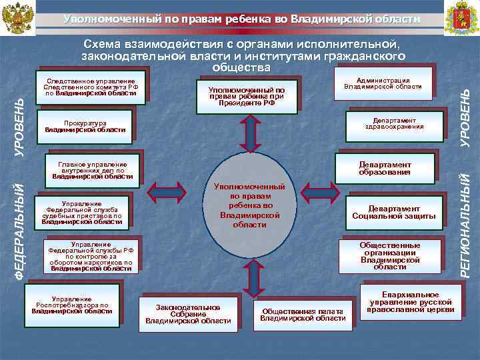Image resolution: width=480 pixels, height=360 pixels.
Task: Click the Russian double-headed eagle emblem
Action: coord(18,19)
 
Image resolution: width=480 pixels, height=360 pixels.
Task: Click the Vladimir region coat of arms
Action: coord(461,18)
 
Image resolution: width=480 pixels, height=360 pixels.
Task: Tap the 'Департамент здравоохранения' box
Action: coord(394,125)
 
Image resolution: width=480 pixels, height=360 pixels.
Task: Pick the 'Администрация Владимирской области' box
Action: coord(387,83)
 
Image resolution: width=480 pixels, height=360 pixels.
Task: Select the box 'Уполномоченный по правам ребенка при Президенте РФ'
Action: coord(246,96)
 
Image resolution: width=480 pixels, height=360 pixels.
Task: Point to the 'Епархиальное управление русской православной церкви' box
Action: coord(411,301)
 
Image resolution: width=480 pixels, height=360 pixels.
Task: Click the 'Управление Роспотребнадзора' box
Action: coord(71,305)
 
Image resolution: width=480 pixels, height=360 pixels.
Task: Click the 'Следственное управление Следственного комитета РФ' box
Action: coord(89,84)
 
